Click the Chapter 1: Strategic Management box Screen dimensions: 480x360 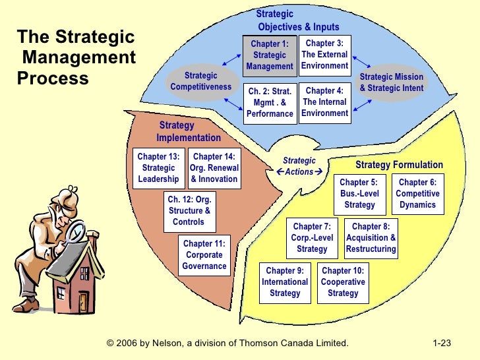click(270, 55)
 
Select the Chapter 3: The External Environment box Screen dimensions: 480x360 click(325, 55)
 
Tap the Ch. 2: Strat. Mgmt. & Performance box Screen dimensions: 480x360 click(270, 102)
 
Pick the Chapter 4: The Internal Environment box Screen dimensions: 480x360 click(325, 102)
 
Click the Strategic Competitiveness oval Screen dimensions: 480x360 click(200, 82)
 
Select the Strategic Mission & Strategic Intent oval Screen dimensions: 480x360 click(392, 82)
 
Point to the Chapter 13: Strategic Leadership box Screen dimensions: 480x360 click(158, 168)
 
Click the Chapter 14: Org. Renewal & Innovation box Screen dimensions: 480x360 click(214, 168)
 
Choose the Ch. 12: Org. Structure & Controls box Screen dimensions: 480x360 click(189, 211)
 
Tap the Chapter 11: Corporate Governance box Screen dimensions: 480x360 click(204, 255)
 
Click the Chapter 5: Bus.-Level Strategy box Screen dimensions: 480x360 click(359, 194)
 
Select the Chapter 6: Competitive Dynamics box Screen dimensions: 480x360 click(417, 194)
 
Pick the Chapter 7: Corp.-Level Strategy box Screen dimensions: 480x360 click(312, 238)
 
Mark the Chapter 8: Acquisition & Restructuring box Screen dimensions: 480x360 click(371, 238)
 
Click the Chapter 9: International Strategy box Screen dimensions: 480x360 click(285, 282)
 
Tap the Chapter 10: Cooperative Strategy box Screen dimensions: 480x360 click(343, 282)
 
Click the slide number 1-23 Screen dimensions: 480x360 click(441, 344)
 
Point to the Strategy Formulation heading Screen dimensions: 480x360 click(399, 165)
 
